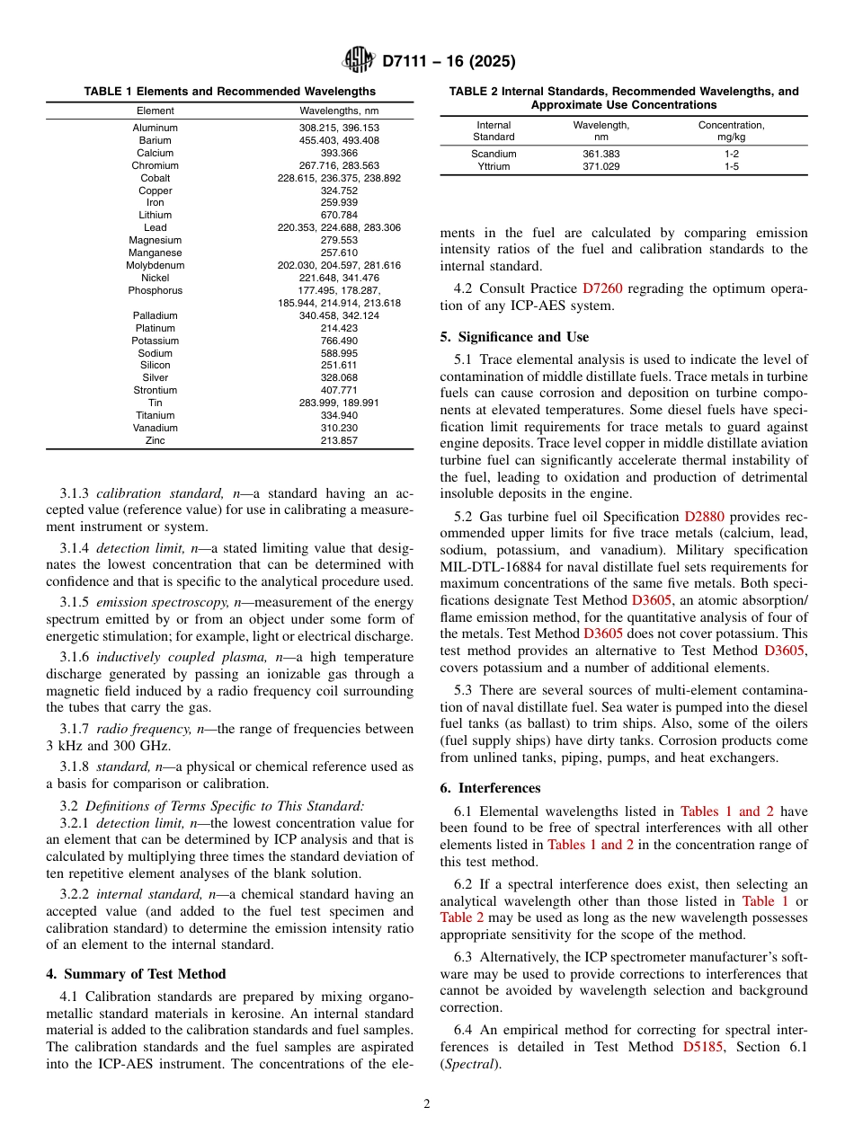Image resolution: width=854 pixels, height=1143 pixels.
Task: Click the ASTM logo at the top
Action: pos(359,61)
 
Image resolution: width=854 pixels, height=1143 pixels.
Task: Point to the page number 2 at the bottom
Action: pos(427,1104)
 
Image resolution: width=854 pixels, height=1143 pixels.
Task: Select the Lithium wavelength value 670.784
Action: pos(339,216)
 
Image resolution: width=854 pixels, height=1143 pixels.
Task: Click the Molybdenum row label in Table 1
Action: pos(155,266)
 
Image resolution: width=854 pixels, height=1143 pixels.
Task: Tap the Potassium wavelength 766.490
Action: pos(339,341)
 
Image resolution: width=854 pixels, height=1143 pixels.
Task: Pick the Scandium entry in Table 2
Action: pos(494,155)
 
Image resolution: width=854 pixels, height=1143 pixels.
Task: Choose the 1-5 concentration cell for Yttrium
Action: pos(732,167)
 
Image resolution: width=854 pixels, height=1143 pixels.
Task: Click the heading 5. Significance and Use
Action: pos(514,337)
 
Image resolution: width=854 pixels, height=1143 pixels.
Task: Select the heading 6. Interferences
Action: pos(490,788)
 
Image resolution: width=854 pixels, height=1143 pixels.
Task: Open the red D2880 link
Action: pos(704,517)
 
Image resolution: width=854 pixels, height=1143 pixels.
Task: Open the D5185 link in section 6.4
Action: pos(703,1047)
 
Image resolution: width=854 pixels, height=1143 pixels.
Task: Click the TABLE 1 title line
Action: pos(230,92)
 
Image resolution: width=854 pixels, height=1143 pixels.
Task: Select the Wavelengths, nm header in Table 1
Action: pos(339,111)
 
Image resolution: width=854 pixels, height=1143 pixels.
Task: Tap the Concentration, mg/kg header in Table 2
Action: pos(732,131)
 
